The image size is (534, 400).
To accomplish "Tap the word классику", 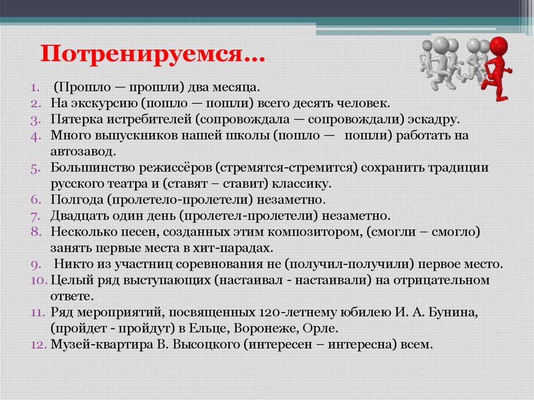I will [x=304, y=184].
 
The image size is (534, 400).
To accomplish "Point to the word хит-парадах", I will [x=238, y=248].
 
